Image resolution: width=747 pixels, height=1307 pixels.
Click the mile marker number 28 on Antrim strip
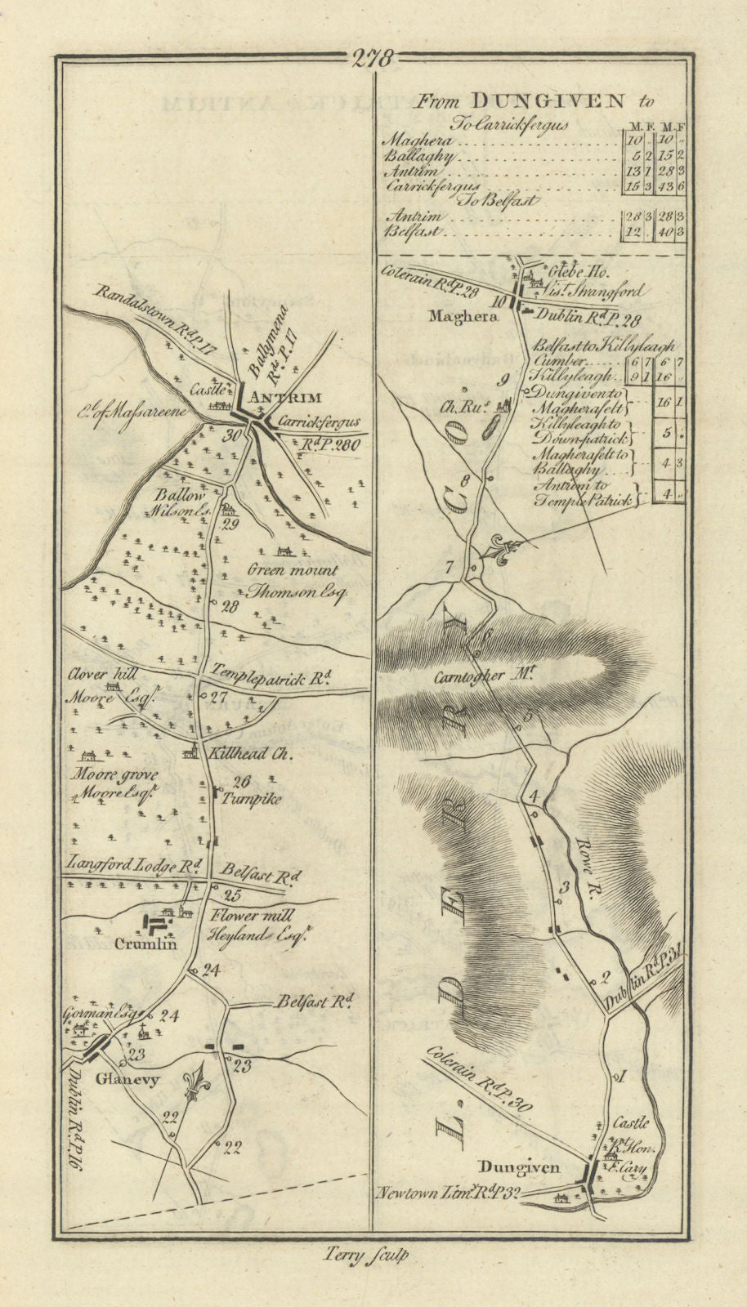coord(229,607)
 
